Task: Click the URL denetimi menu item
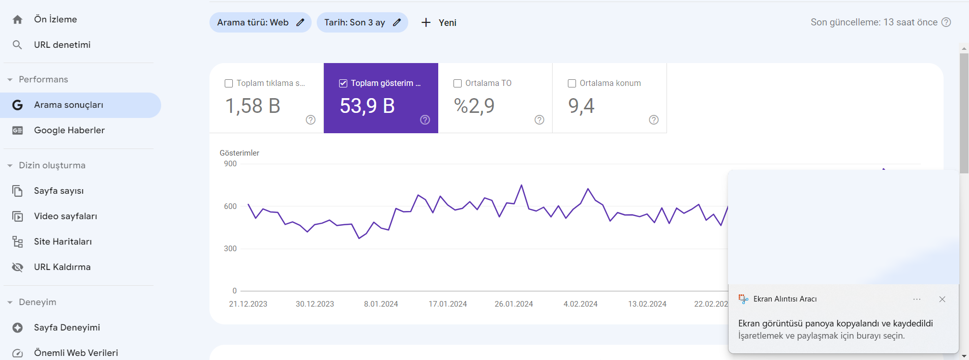click(62, 45)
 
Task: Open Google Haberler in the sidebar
click(69, 130)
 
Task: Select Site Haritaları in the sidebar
click(63, 242)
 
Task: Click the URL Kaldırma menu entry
click(62, 267)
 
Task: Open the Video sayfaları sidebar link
click(66, 216)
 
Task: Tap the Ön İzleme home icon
click(17, 19)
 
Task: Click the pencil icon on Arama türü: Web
click(300, 22)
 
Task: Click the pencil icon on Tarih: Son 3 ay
click(397, 22)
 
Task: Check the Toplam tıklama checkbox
click(229, 83)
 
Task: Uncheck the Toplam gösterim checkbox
click(343, 83)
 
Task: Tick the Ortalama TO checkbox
click(458, 83)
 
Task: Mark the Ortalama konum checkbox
click(572, 83)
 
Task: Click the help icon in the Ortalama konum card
click(654, 119)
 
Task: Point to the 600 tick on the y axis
click(230, 206)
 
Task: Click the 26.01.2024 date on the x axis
click(514, 304)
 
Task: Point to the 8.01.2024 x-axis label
click(381, 304)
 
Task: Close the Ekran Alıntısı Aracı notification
click(942, 299)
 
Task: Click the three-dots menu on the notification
click(917, 299)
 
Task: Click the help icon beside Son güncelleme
click(946, 22)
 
